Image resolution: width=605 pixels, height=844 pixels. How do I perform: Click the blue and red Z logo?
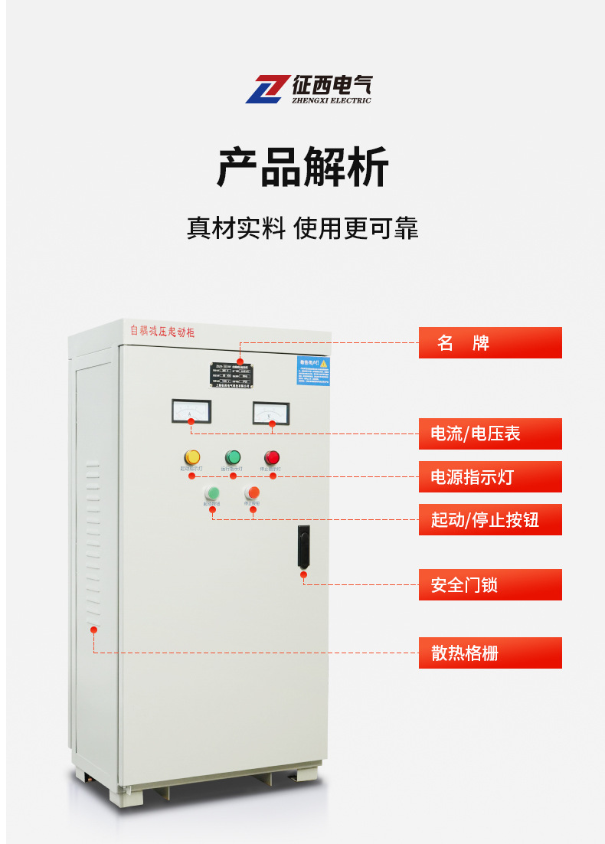[265, 89]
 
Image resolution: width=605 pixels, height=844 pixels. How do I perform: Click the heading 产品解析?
[302, 166]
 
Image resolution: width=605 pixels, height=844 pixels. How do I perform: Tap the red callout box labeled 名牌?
[490, 342]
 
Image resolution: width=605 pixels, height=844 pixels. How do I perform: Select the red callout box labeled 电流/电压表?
[490, 433]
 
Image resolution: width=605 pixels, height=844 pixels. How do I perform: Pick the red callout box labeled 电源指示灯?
[490, 477]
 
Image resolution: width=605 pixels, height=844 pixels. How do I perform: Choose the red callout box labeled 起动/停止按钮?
[490, 520]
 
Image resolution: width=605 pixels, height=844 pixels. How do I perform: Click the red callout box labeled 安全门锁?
[490, 585]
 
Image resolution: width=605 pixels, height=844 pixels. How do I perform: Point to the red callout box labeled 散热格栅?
[490, 653]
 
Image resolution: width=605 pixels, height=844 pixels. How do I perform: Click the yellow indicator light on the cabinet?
[192, 457]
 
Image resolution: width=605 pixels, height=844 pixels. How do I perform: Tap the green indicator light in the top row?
[233, 457]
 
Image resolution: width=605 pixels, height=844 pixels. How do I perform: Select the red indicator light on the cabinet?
[272, 457]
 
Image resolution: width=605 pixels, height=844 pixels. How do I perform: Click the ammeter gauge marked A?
[191, 411]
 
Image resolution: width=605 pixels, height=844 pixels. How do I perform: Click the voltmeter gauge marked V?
[270, 414]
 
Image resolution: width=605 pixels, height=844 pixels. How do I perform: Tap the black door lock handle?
[304, 546]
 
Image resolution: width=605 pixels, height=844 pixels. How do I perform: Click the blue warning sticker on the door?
[313, 371]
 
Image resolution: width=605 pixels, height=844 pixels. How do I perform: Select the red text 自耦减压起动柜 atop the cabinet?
[162, 331]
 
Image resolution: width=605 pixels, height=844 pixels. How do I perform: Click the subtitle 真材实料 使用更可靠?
[302, 228]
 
